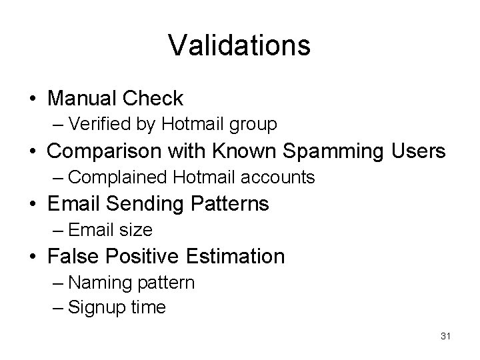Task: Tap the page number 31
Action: click(x=445, y=337)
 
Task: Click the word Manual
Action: click(x=83, y=99)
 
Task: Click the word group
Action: click(x=254, y=125)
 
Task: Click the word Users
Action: click(x=417, y=151)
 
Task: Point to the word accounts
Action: click(x=281, y=177)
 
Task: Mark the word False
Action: click(x=73, y=256)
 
